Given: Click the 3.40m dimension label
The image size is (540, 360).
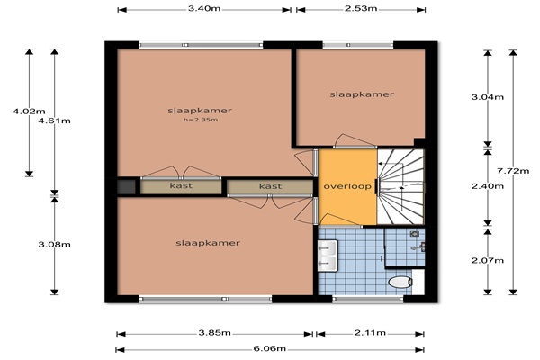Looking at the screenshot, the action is [204, 8].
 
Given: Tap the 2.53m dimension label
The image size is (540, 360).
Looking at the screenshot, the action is [361, 8].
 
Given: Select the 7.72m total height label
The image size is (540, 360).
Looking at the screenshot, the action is [513, 170].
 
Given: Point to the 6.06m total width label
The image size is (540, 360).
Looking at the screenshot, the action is [270, 348].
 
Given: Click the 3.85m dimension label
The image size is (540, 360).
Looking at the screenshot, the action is [214, 333].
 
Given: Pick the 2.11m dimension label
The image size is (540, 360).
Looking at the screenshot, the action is [370, 333].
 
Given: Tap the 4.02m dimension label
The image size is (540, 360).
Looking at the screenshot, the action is [29, 112].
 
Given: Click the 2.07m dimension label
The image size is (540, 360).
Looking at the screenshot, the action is [488, 260].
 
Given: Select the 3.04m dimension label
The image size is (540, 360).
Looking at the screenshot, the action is [488, 97].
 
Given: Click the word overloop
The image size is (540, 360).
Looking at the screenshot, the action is [347, 186].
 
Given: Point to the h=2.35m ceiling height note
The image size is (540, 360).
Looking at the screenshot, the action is [201, 120].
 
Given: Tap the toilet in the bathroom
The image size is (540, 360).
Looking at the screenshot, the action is [400, 282].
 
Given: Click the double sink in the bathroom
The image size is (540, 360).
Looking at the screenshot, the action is [328, 256].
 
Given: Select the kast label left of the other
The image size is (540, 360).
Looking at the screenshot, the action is [181, 185].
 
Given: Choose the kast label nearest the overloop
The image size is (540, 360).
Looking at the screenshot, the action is [270, 186].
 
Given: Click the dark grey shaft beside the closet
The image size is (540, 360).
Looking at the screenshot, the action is [126, 187].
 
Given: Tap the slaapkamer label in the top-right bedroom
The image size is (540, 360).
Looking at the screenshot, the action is [362, 94].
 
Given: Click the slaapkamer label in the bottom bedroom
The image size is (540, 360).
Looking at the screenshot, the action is [208, 243].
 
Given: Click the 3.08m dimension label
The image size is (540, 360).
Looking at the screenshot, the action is [54, 245].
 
